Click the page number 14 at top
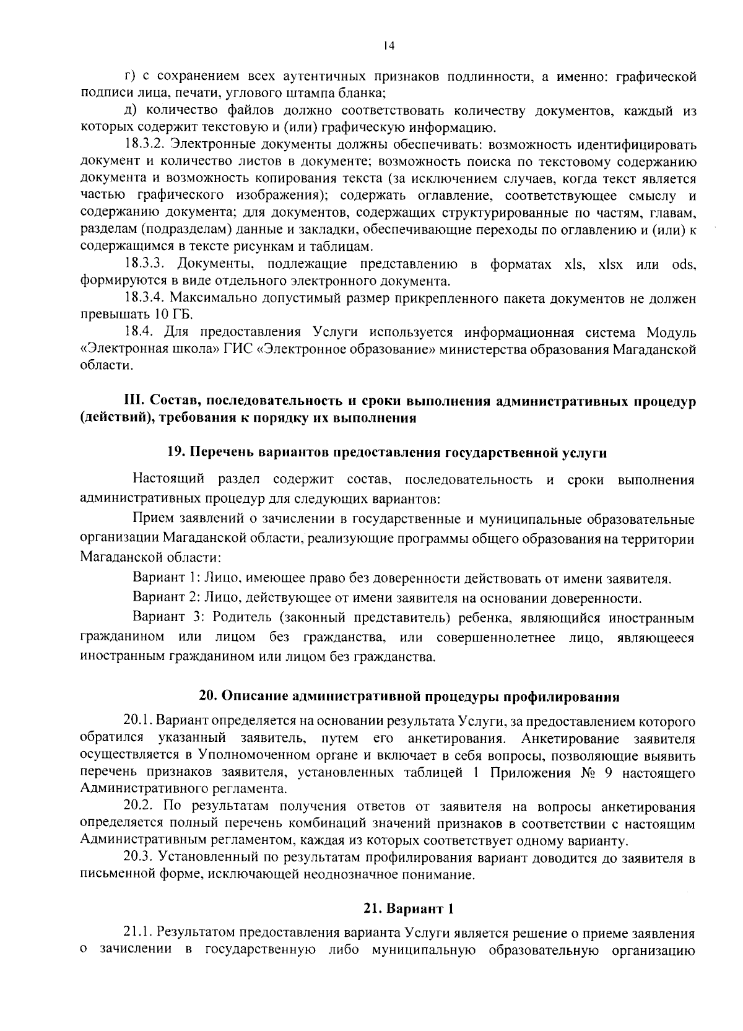point(388,45)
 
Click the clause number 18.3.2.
point(144,146)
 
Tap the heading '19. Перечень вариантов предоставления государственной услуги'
point(387,452)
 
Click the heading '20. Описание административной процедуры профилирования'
point(409,696)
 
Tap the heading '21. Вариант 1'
point(409,909)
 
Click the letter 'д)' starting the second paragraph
point(131,111)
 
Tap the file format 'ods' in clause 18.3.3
point(684,264)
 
